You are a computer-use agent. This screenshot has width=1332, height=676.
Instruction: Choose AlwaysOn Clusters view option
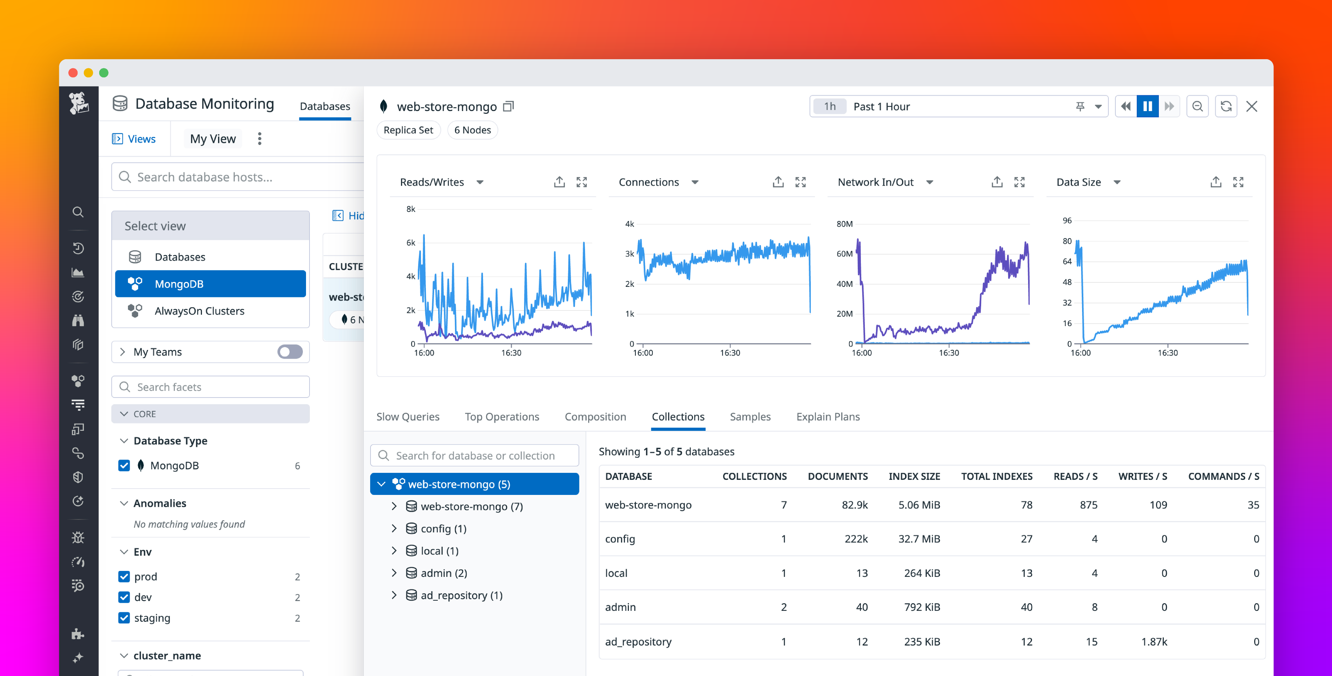199,311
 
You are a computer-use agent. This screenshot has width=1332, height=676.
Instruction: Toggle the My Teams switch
290,352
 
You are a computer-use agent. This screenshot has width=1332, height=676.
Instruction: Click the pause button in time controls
1147,106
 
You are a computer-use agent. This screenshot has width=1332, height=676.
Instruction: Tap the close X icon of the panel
1251,106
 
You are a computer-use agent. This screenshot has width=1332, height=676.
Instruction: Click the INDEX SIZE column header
914,476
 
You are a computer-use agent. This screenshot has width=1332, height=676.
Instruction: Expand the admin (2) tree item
394,573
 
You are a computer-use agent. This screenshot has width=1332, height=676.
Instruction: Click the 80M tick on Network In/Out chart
844,224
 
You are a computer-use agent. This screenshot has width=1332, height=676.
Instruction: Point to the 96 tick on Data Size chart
1067,221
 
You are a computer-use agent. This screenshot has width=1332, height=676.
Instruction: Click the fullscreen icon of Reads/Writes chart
582,182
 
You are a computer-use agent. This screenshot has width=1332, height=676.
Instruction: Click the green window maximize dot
104,73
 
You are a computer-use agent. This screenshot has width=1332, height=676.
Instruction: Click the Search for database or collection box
475,455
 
